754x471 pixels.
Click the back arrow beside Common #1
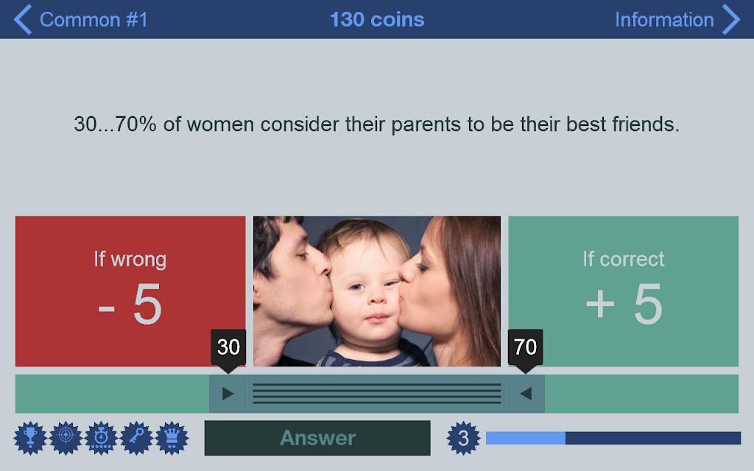click(x=23, y=19)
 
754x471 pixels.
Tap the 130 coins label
click(x=377, y=20)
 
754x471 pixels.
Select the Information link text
click(x=664, y=20)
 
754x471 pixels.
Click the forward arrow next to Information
click(x=731, y=19)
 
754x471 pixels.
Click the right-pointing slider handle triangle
click(x=228, y=394)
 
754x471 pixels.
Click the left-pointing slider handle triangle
click(x=526, y=394)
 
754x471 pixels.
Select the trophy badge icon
click(x=30, y=438)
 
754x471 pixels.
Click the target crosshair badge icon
click(x=66, y=438)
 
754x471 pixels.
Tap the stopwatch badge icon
click(x=101, y=438)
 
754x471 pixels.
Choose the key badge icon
click(x=136, y=438)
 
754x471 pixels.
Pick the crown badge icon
click(x=172, y=438)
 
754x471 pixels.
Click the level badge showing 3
click(x=463, y=438)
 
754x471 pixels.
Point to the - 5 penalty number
click(x=130, y=304)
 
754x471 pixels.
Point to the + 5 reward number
click(x=624, y=304)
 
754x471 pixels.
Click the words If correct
click(x=624, y=259)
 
